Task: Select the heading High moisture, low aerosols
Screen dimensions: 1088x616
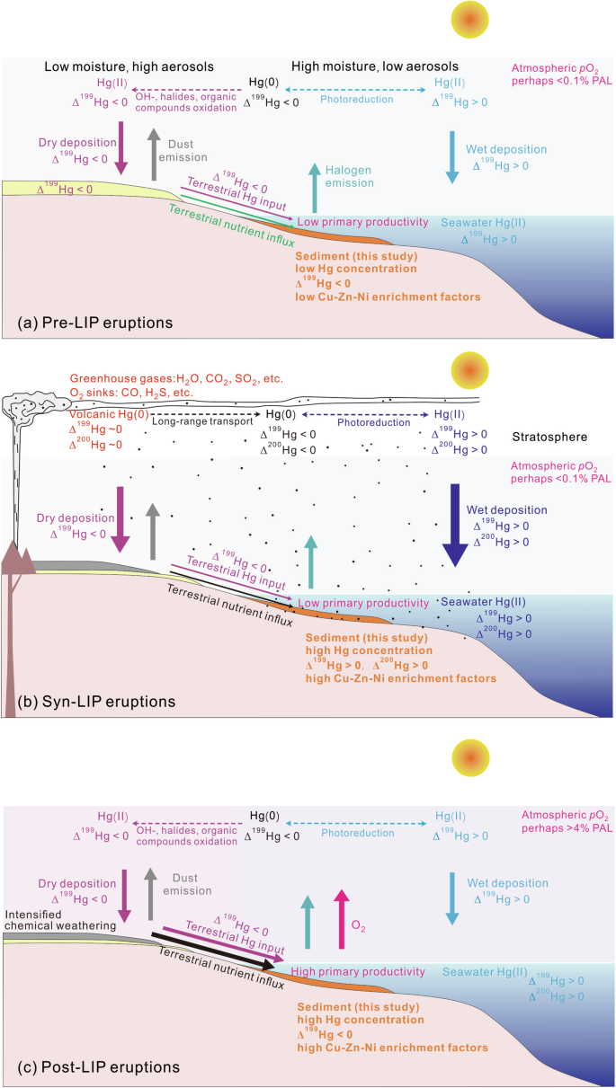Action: pos(375,66)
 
